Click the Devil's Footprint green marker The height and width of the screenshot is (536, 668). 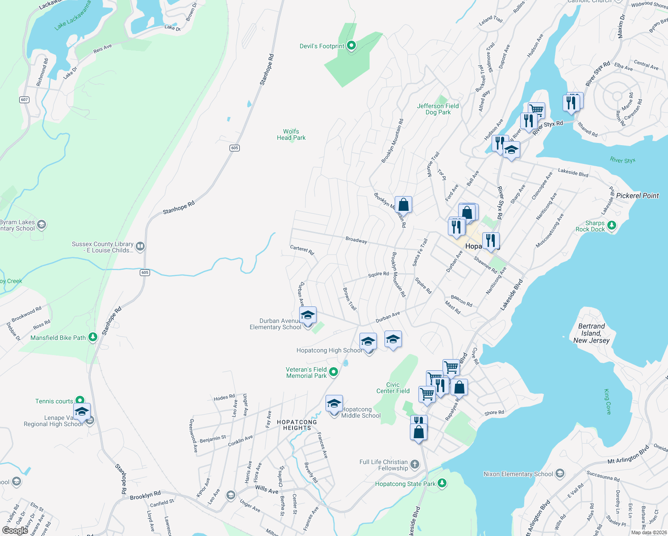[x=351, y=46]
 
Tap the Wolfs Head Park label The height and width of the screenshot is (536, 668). [x=291, y=134]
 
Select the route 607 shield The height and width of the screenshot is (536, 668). [x=25, y=100]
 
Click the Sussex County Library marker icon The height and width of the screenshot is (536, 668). [x=140, y=246]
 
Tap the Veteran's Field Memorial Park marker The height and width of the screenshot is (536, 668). [x=334, y=372]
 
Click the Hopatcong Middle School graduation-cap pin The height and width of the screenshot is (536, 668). [x=334, y=404]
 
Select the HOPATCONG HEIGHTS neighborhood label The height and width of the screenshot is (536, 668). [x=297, y=425]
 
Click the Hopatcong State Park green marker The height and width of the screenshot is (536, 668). [x=442, y=483]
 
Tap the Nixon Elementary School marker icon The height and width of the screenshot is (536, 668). [x=560, y=473]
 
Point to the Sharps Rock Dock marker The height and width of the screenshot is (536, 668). [x=612, y=226]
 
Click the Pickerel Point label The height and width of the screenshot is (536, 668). [x=637, y=196]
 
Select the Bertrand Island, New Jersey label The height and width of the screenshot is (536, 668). [x=591, y=333]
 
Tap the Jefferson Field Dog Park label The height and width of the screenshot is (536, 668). [x=438, y=109]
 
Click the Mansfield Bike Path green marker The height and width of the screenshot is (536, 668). [x=93, y=337]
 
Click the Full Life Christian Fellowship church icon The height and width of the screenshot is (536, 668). [x=414, y=465]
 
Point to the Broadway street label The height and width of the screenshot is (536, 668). [x=356, y=240]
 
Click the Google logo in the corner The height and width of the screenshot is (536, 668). [x=15, y=530]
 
